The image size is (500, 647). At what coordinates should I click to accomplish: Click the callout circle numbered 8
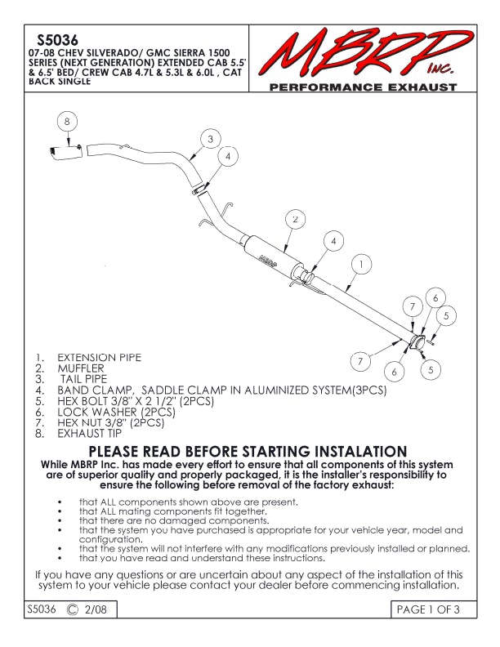coord(68,121)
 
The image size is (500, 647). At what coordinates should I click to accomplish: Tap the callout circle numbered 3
coord(210,139)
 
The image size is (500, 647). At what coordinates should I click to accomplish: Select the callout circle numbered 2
coord(295,220)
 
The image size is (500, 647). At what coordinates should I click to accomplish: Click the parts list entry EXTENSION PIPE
coord(98,358)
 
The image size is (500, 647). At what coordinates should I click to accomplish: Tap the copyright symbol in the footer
coord(73,609)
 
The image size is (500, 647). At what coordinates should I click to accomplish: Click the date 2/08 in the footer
coord(96,609)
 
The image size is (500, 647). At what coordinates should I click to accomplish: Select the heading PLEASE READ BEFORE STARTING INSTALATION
coord(248,452)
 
